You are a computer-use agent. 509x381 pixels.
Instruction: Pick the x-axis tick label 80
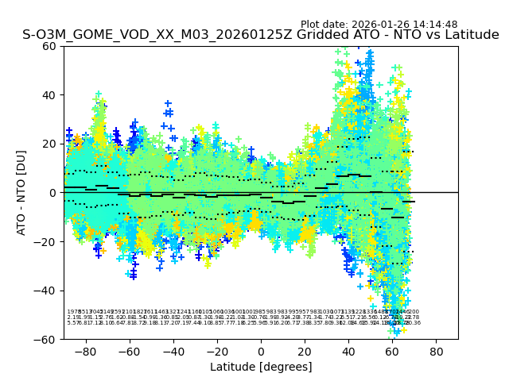pos(437,351)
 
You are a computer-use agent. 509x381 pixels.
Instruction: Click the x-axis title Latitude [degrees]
pos(261,367)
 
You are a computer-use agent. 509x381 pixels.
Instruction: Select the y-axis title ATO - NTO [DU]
pos(22,192)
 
